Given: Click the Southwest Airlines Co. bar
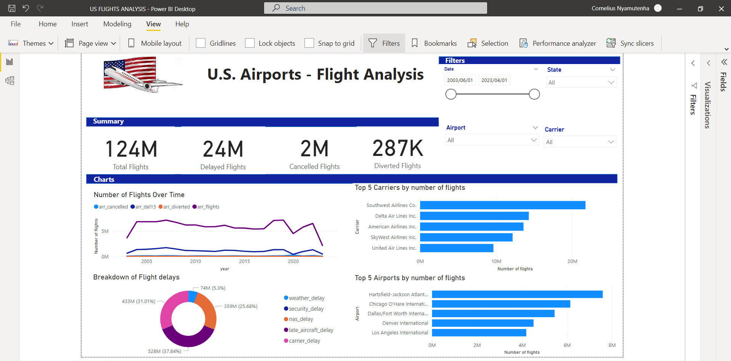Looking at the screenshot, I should pos(502,205).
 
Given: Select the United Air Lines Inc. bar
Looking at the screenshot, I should pos(457,248).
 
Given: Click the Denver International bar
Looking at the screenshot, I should pos(483,323).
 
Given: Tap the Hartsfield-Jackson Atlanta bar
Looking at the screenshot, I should pos(517,294).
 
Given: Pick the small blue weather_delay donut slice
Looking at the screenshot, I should pos(193,297).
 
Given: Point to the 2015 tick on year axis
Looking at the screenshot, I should pos(244,262).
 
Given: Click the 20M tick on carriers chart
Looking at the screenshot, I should pos(572,262).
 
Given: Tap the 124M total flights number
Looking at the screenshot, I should pos(131,149).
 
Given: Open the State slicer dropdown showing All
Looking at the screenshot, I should pos(581,82).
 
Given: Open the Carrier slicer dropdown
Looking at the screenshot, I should pos(580,142).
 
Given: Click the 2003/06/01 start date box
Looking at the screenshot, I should pos(460,80).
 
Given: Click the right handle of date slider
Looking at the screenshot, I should pos(534,94).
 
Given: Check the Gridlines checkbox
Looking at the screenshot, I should pos(201,43).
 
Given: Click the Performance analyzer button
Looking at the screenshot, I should pos(558,43).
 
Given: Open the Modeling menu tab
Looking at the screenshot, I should pos(117,24).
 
